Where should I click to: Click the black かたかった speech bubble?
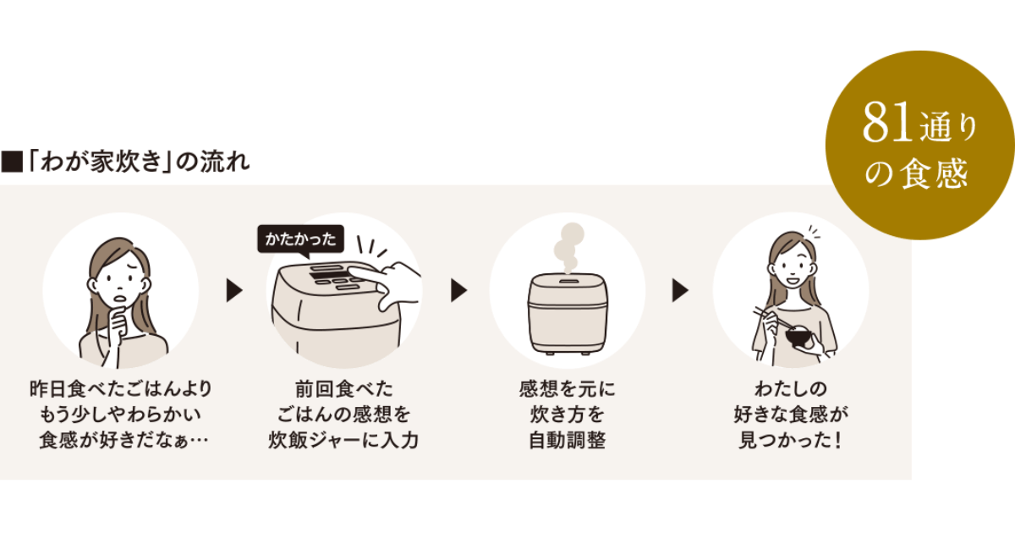(x=301, y=239)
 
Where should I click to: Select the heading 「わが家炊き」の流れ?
(x=136, y=161)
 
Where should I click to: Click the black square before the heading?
(x=11, y=162)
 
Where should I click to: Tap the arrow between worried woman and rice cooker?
(x=233, y=291)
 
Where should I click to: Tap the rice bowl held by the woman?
(x=798, y=337)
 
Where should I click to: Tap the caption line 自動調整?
(x=567, y=441)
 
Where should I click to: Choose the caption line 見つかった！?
(x=791, y=441)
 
